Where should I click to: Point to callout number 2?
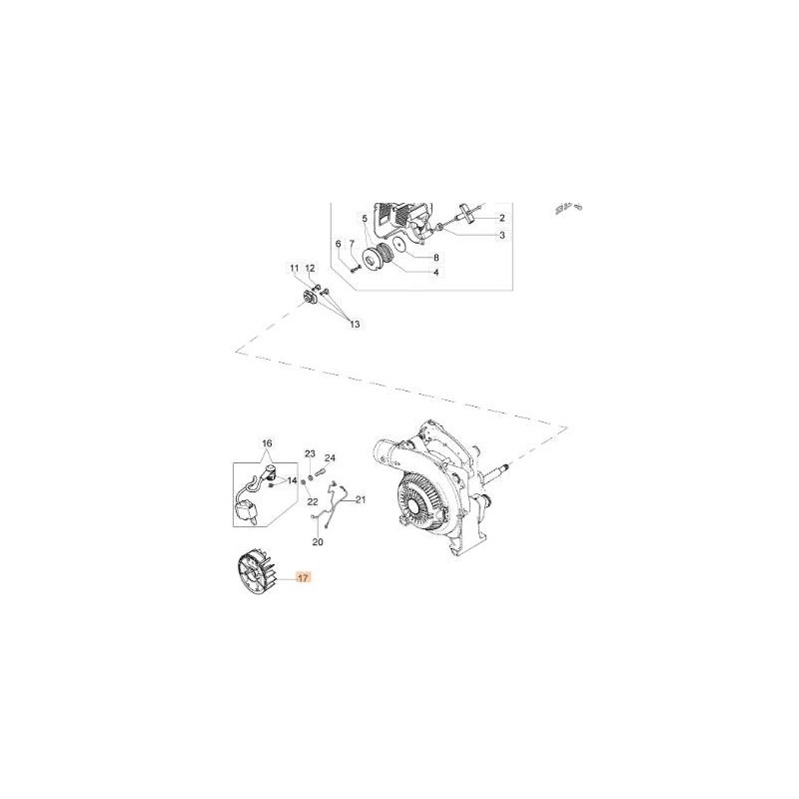point(501,217)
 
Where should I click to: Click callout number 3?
point(501,236)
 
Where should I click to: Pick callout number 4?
point(434,271)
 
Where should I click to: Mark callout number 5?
point(366,218)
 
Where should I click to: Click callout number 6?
point(339,244)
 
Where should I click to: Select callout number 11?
point(295,269)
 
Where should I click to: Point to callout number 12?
point(310,269)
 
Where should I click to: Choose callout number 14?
point(293,480)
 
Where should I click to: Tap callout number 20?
point(318,542)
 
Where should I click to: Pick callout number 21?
point(362,499)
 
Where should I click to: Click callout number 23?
point(310,453)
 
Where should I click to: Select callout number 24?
point(331,458)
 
